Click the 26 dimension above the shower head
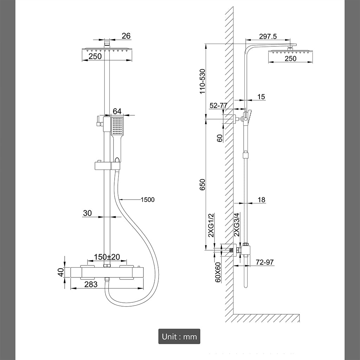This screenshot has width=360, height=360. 126,36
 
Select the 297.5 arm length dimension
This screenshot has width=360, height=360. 268,36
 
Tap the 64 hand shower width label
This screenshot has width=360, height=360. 117,111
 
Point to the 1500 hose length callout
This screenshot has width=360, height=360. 147,200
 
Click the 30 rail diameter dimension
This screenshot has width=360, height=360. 87,213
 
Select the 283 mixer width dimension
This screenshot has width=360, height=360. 91,284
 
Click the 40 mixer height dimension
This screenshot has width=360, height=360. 61,272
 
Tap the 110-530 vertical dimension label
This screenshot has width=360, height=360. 202,81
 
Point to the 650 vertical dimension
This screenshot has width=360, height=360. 202,185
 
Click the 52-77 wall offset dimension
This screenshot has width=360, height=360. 218,105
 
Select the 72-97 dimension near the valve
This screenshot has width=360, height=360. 265,262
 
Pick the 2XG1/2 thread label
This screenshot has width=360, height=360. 211,225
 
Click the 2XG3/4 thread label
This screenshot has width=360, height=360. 237,225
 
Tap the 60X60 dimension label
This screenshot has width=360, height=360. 218,272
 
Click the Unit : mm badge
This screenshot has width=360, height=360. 179,336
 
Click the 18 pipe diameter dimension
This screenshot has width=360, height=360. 261,200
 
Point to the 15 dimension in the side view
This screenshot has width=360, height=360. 261,97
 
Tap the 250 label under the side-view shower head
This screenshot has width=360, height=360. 290,59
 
